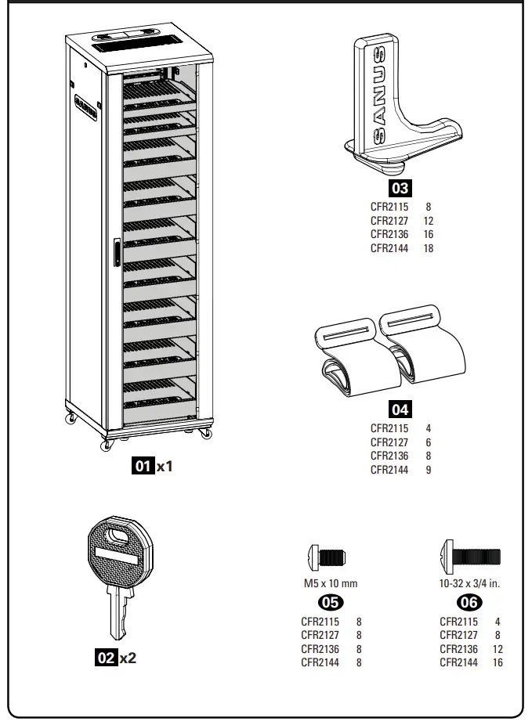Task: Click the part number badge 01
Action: pyautogui.click(x=143, y=467)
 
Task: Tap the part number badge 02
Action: pyautogui.click(x=106, y=658)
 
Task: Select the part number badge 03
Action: pyautogui.click(x=400, y=188)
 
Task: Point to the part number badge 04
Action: pyautogui.click(x=400, y=409)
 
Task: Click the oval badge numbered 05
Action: pyautogui.click(x=330, y=602)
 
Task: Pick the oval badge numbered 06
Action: pyautogui.click(x=470, y=602)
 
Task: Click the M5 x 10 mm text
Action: pyautogui.click(x=330, y=583)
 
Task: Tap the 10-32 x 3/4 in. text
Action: pyautogui.click(x=471, y=583)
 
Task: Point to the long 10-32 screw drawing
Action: pyautogui.click(x=471, y=557)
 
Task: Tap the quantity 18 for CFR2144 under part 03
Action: pyautogui.click(x=429, y=248)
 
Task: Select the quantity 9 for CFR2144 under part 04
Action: pyautogui.click(x=429, y=470)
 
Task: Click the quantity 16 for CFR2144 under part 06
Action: pyautogui.click(x=498, y=662)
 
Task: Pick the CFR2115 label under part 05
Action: pyautogui.click(x=320, y=622)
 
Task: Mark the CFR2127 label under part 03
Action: pyautogui.click(x=389, y=222)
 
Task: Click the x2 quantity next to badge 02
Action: pyautogui.click(x=128, y=658)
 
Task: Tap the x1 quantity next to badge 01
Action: pyautogui.click(x=165, y=467)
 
